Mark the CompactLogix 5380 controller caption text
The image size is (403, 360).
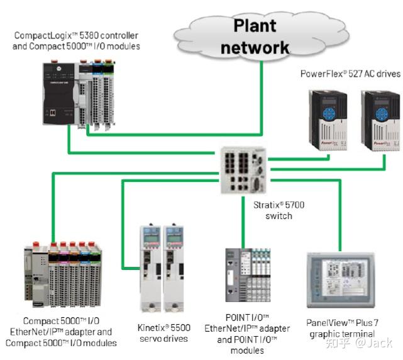[76, 41]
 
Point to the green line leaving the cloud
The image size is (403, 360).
[261, 94]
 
